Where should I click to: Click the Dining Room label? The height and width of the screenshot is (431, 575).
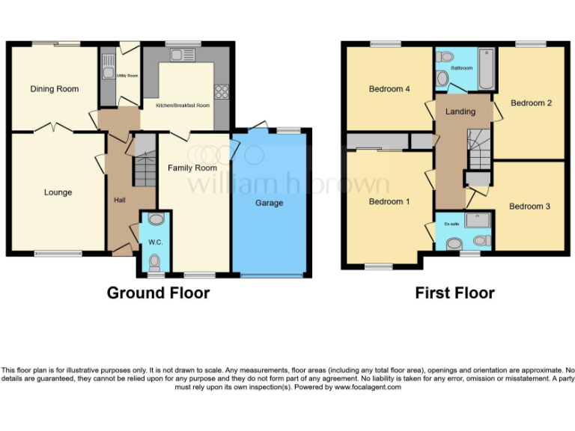pyautogui.click(x=54, y=89)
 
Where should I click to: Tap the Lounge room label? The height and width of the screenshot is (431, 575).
pyautogui.click(x=58, y=192)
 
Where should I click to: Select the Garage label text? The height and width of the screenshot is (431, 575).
pyautogui.click(x=270, y=203)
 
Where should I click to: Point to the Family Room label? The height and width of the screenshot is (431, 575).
pyautogui.click(x=192, y=168)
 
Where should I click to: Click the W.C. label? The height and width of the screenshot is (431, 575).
pyautogui.click(x=156, y=242)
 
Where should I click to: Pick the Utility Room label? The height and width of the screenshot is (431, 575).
pyautogui.click(x=127, y=76)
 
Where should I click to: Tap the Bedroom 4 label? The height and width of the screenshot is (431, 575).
pyautogui.click(x=389, y=89)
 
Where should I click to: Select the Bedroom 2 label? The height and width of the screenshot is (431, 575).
pyautogui.click(x=531, y=103)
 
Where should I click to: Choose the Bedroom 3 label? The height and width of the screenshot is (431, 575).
pyautogui.click(x=529, y=206)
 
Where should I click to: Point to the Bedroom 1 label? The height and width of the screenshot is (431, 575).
pyautogui.click(x=389, y=201)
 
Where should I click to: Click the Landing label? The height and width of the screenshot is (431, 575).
pyautogui.click(x=460, y=111)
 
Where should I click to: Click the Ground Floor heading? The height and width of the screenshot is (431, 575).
pyautogui.click(x=158, y=293)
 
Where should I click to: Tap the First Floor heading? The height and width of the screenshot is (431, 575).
pyautogui.click(x=454, y=293)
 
